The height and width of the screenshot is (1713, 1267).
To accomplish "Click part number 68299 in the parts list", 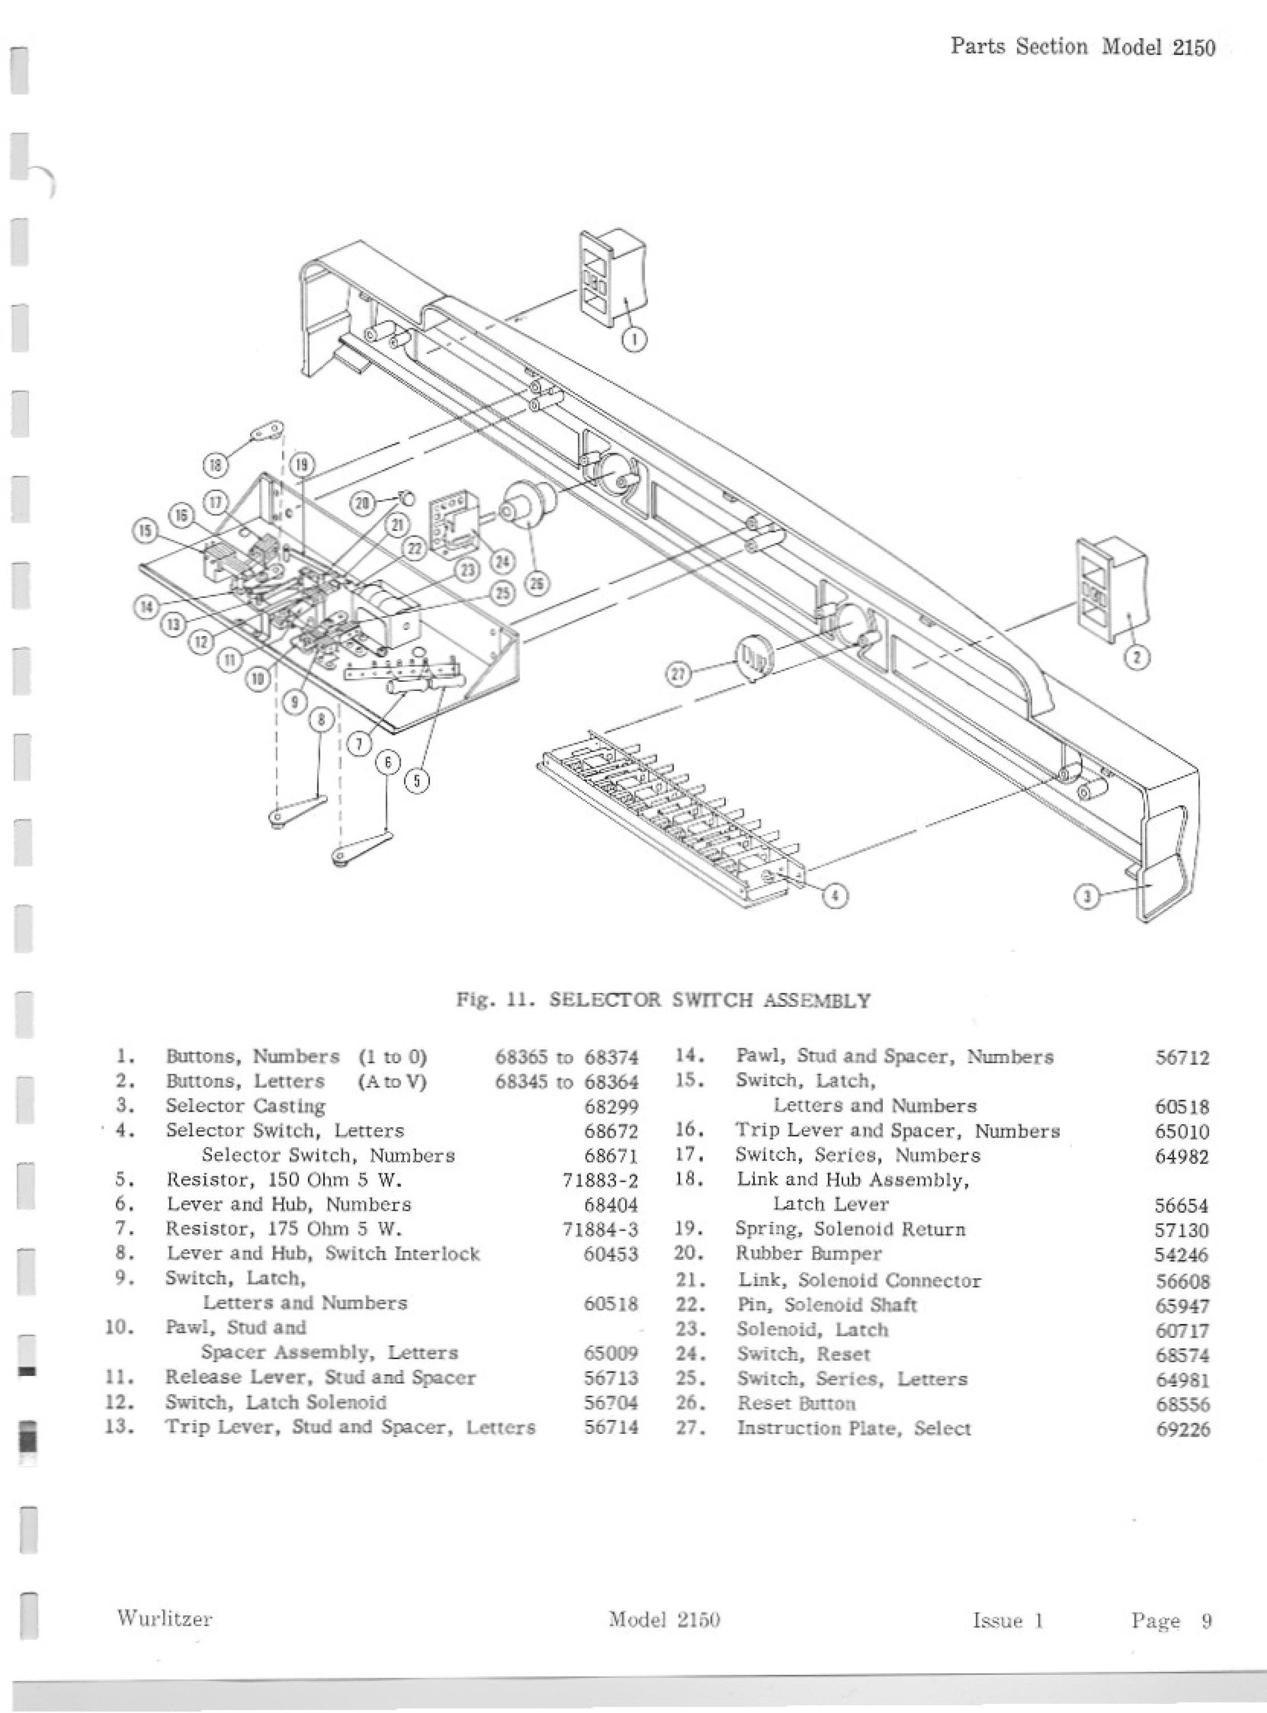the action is click(x=612, y=1107).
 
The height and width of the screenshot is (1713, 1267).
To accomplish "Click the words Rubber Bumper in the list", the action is click(x=809, y=1254).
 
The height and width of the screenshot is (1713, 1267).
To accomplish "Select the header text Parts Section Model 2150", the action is click(x=1083, y=47).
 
